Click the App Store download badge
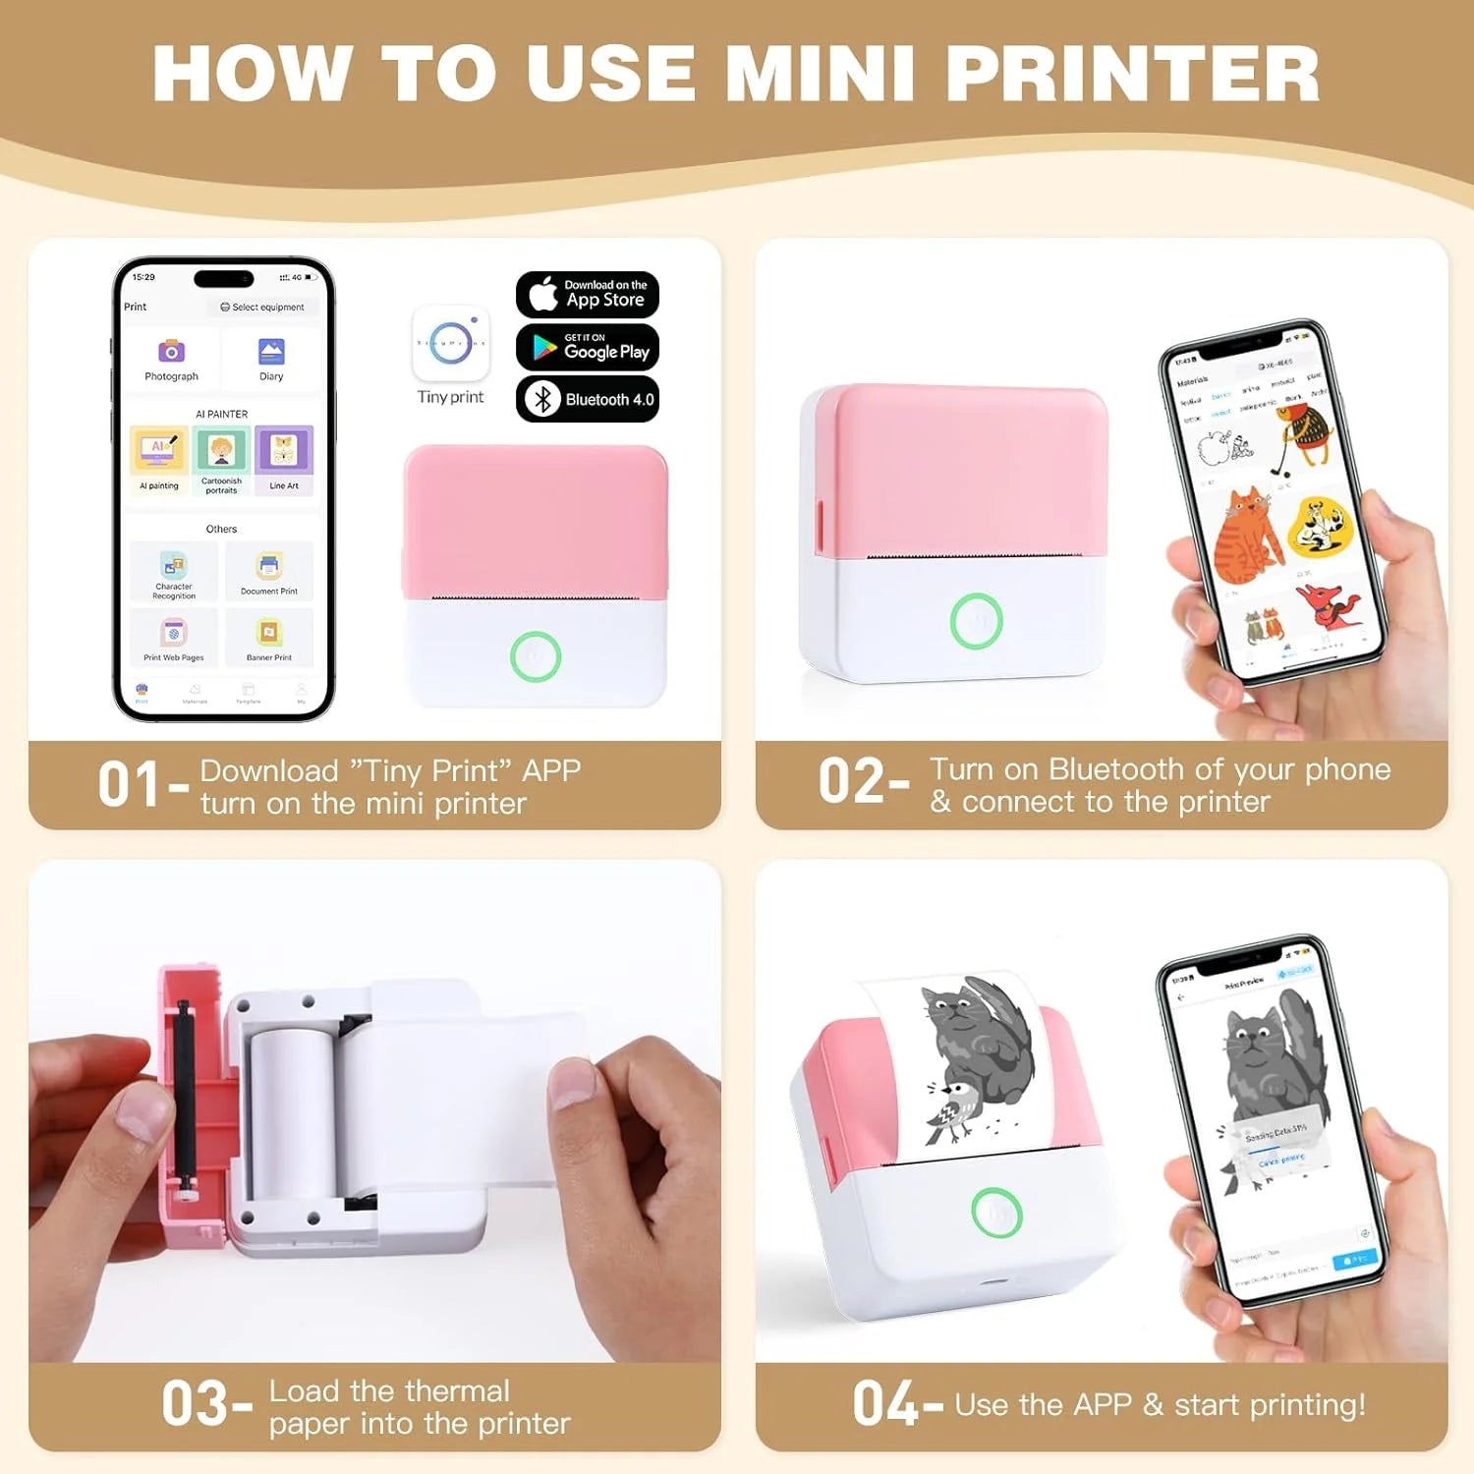point(587,294)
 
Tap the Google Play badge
point(587,347)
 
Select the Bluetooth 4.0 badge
point(587,399)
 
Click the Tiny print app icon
point(451,343)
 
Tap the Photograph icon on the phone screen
point(171,352)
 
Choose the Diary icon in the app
point(271,352)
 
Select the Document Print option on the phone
point(269,567)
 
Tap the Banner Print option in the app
point(269,634)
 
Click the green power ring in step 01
point(536,656)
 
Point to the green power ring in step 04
point(996,1213)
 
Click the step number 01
point(129,784)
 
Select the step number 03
point(195,1403)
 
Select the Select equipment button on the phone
point(262,307)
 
